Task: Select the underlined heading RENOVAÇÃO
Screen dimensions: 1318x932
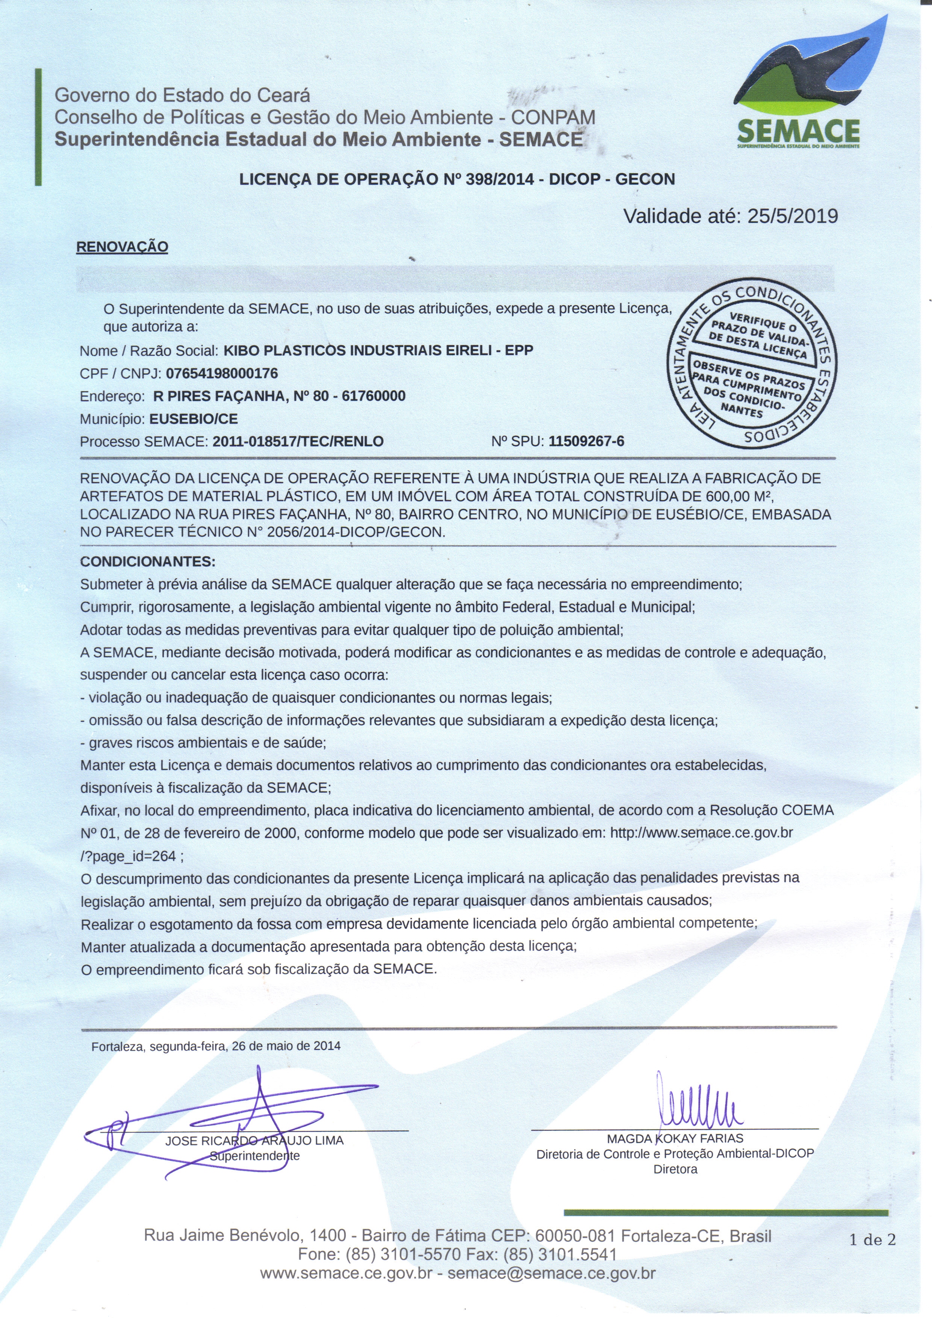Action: pos(122,247)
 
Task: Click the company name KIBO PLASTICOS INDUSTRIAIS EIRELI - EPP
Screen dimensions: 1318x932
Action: pos(378,350)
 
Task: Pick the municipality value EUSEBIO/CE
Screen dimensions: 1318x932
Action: pos(194,419)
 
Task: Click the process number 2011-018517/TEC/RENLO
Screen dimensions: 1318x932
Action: pos(298,442)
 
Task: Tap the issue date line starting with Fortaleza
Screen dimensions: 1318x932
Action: pos(216,1046)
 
